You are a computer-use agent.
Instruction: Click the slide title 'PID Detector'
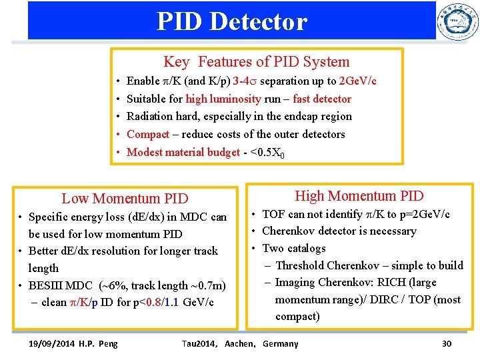(x=231, y=21)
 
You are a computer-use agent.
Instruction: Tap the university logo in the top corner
(x=457, y=22)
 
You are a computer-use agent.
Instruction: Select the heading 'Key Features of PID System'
(x=256, y=62)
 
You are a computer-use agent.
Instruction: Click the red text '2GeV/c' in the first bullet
(x=357, y=81)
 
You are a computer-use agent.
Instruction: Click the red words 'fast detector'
(x=322, y=99)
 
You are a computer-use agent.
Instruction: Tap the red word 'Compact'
(x=147, y=134)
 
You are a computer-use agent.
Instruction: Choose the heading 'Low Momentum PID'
(x=125, y=199)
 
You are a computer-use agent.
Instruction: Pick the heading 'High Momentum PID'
(x=359, y=196)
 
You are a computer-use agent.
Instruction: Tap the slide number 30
(x=446, y=344)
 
